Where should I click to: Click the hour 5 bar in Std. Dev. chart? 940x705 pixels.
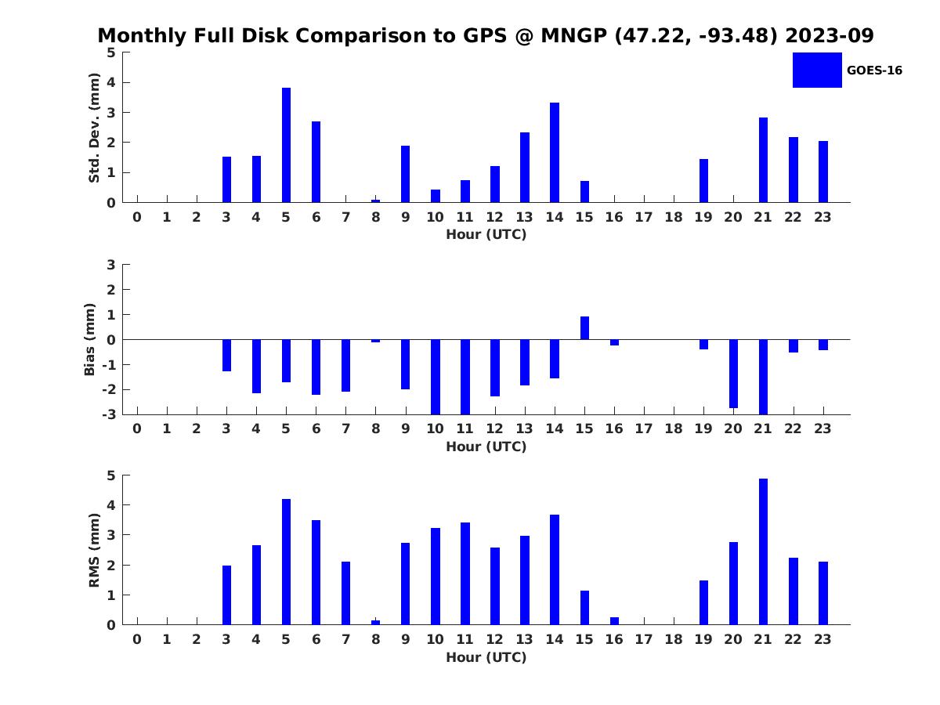coord(286,145)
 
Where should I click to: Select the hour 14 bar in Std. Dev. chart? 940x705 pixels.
coord(554,153)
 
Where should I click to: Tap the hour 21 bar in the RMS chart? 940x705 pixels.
coord(763,551)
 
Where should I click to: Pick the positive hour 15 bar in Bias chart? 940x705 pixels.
coord(584,328)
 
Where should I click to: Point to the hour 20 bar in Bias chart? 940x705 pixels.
coord(733,374)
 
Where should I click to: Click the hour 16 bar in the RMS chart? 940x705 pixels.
coord(614,620)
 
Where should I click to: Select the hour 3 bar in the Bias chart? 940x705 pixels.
coord(226,356)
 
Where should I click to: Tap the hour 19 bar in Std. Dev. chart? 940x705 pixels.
coord(703,181)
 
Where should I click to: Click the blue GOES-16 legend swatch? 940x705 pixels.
coord(817,70)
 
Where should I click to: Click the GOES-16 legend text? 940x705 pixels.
coord(874,70)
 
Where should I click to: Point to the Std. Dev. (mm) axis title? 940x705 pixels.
coord(94,128)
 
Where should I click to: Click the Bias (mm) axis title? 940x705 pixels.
coord(89,339)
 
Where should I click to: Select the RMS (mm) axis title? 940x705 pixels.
coord(94,550)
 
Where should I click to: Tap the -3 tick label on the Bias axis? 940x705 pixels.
coord(109,414)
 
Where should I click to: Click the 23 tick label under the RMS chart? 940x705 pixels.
coord(822,639)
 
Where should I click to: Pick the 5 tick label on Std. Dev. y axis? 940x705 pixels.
coord(111,52)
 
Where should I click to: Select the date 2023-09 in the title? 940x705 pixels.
coord(830,35)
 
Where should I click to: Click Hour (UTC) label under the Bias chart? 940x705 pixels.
coord(486,446)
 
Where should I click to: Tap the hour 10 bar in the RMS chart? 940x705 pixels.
coord(435,577)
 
